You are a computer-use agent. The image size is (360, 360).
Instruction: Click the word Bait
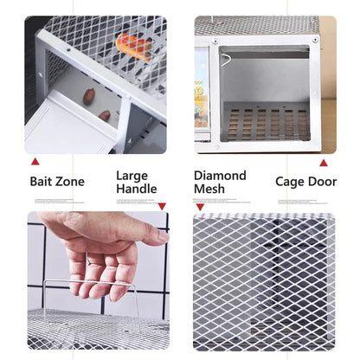(43, 182)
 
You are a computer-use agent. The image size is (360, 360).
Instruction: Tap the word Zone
(72, 182)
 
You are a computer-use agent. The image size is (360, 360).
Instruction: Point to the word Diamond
(220, 176)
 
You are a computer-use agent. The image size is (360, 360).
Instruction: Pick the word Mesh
(209, 190)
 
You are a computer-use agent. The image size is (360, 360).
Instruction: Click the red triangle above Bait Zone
(35, 161)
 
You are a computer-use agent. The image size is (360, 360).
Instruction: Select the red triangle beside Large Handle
(162, 206)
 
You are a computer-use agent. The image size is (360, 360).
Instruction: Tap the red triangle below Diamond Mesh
(200, 207)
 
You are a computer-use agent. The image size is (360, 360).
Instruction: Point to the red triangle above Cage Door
(324, 162)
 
